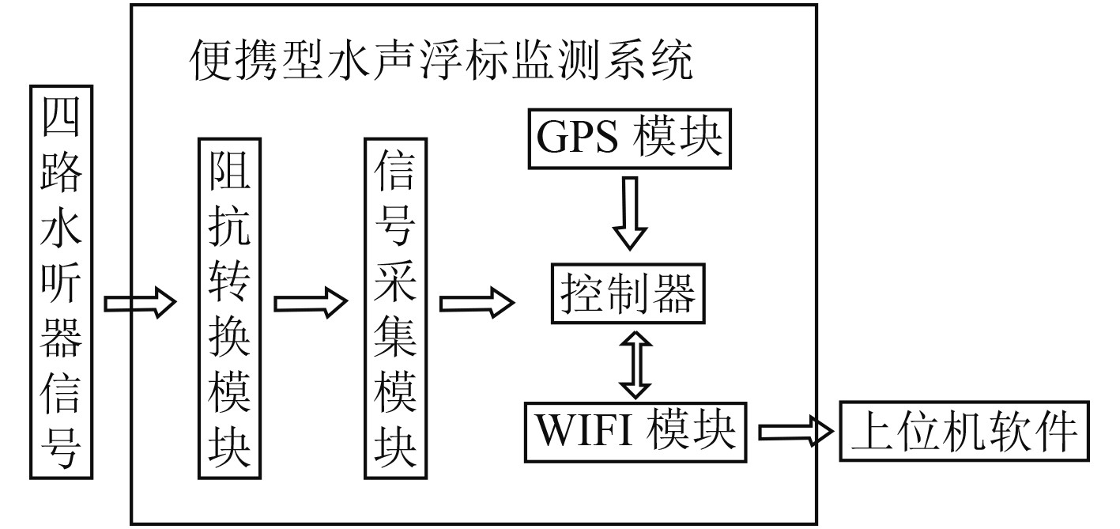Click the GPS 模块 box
(630, 139)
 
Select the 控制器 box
(629, 295)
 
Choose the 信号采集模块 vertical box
(394, 307)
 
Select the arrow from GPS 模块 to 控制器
(630, 213)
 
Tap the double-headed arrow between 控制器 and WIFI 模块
(635, 363)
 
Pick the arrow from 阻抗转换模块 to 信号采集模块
(311, 301)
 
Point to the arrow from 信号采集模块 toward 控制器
(477, 301)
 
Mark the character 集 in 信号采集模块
(394, 353)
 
